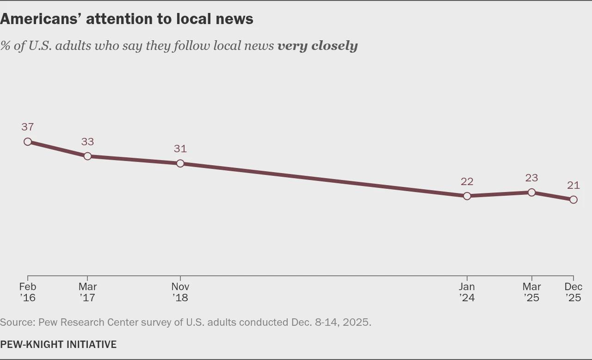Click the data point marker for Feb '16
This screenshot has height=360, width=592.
[x=28, y=142]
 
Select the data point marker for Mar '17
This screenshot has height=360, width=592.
[x=87, y=156]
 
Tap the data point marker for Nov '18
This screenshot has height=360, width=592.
[x=180, y=163]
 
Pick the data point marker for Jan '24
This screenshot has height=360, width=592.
[x=467, y=196]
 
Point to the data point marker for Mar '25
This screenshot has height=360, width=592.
[x=531, y=192]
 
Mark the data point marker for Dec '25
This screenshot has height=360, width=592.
[x=573, y=199]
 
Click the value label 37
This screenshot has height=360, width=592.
[x=28, y=127]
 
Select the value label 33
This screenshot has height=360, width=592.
[x=87, y=142]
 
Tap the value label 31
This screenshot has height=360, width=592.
[x=180, y=149]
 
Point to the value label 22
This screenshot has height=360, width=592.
[x=467, y=181]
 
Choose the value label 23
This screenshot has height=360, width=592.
[x=531, y=178]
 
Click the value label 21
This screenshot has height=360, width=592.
[x=573, y=185]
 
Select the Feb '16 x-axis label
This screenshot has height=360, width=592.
[x=28, y=292]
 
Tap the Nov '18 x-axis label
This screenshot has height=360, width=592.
[x=180, y=292]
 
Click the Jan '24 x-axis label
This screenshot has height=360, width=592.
[x=467, y=292]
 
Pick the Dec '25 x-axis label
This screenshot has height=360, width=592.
[x=573, y=292]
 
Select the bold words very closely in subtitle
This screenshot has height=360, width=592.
[x=317, y=46]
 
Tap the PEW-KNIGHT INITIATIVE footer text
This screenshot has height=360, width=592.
[x=58, y=344]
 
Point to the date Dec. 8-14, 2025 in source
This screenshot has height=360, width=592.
[x=331, y=322]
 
